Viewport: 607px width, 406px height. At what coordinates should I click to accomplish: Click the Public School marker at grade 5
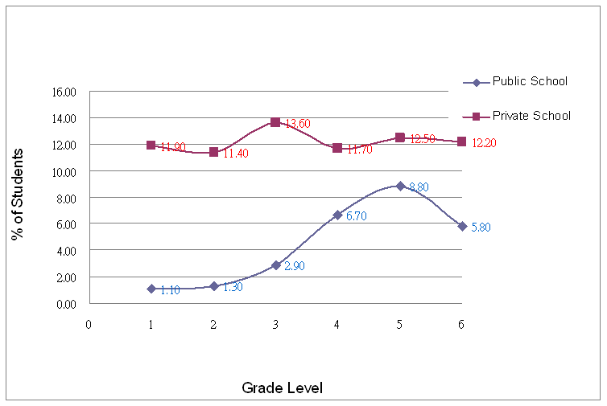(x=400, y=186)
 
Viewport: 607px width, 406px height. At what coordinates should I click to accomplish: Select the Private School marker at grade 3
(x=275, y=122)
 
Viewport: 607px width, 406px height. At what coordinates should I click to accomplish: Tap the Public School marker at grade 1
(x=151, y=289)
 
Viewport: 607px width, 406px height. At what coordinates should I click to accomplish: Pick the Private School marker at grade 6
(x=461, y=141)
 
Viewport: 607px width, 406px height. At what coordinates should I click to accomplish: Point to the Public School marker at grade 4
(x=337, y=215)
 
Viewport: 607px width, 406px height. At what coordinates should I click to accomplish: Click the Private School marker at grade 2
(x=213, y=152)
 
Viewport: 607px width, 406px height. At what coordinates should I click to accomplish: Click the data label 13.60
(x=296, y=124)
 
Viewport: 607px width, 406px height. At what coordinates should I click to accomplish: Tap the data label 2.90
(x=295, y=265)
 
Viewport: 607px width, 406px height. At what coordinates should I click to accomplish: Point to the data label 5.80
(x=481, y=228)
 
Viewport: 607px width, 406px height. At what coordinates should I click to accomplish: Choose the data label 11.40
(x=233, y=153)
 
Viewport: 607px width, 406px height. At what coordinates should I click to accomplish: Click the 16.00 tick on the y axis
(x=64, y=92)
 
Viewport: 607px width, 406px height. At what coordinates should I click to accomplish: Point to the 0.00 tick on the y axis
(x=67, y=304)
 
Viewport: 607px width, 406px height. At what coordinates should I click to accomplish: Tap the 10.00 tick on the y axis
(x=64, y=172)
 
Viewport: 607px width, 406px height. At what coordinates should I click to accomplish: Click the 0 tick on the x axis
(x=89, y=323)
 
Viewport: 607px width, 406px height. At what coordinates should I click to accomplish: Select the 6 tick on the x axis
(x=462, y=323)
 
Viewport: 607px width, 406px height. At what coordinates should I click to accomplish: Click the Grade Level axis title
(x=282, y=388)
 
